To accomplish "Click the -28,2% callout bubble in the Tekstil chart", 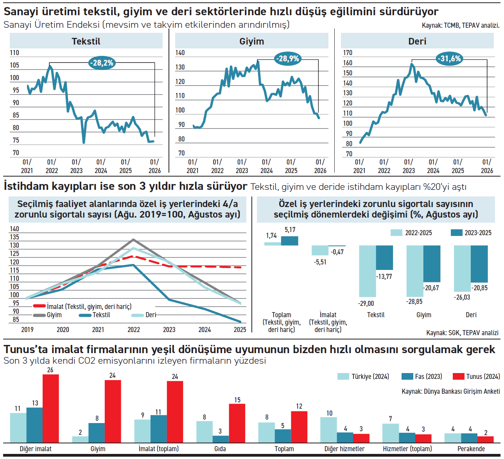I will (x=102, y=63).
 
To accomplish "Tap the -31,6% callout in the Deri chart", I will (x=450, y=59).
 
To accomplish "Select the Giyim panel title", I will (x=251, y=41).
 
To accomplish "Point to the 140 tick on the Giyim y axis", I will (x=180, y=53).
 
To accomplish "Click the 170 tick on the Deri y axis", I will (x=347, y=53).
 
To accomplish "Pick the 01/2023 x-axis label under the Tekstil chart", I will (x=76, y=166).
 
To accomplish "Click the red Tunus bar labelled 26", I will (x=50, y=408).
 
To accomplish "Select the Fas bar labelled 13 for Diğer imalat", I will (x=34, y=425).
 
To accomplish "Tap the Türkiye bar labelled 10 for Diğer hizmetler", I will (x=328, y=430).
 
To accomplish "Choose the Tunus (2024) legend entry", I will (x=476, y=377).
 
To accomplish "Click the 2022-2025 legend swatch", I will (x=396, y=233).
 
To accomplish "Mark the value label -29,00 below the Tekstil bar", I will (x=366, y=304).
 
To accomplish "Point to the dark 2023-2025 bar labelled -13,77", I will (x=384, y=257).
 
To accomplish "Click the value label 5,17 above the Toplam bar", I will (x=290, y=230).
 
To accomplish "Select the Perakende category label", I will (x=471, y=449).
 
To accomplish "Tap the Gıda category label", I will (x=220, y=449).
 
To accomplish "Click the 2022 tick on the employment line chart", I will (x=134, y=330).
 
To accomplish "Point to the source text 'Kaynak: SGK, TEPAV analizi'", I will (x=462, y=333).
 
